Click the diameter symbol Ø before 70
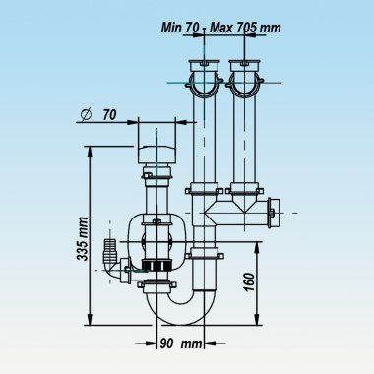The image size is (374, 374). pos(86,115)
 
